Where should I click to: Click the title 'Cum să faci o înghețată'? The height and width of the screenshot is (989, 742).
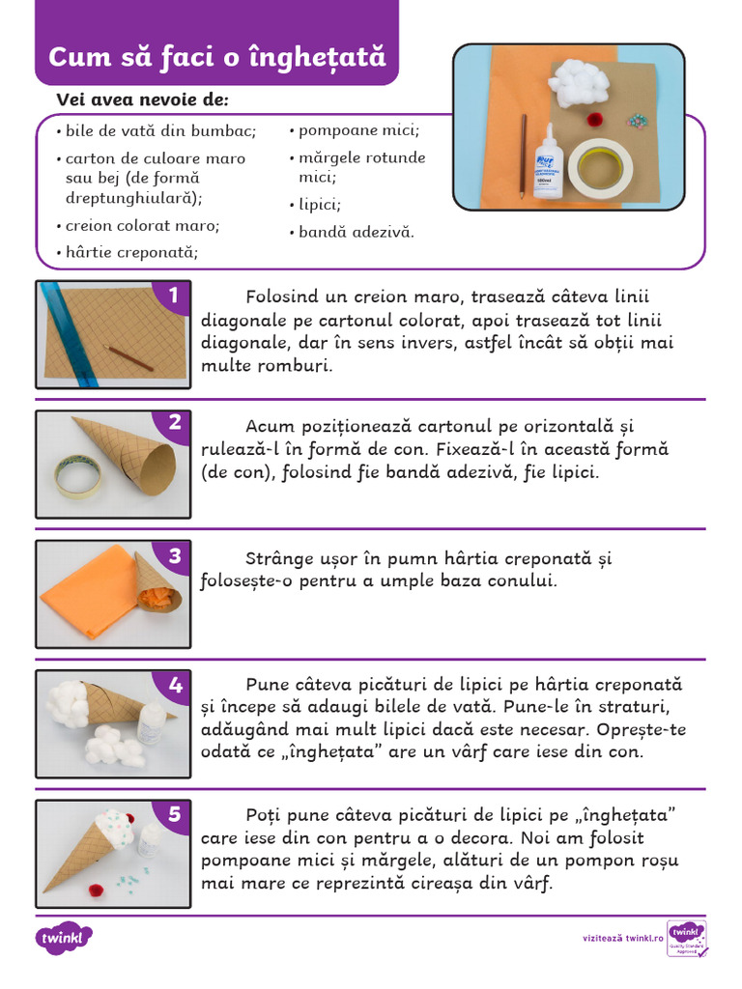click(216, 57)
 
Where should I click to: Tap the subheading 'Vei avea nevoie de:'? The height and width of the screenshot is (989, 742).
click(142, 99)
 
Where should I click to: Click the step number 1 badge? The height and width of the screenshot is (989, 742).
click(174, 296)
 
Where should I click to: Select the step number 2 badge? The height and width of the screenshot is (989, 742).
click(174, 422)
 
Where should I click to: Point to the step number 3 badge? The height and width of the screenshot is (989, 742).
click(174, 555)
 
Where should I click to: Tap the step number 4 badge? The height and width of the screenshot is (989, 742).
click(174, 685)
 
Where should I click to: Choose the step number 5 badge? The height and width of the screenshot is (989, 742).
click(174, 814)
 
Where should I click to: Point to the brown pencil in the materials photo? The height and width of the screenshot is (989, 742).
click(524, 155)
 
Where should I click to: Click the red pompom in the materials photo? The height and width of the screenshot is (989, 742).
click(596, 120)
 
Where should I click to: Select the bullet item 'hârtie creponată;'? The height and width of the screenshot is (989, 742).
click(131, 253)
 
